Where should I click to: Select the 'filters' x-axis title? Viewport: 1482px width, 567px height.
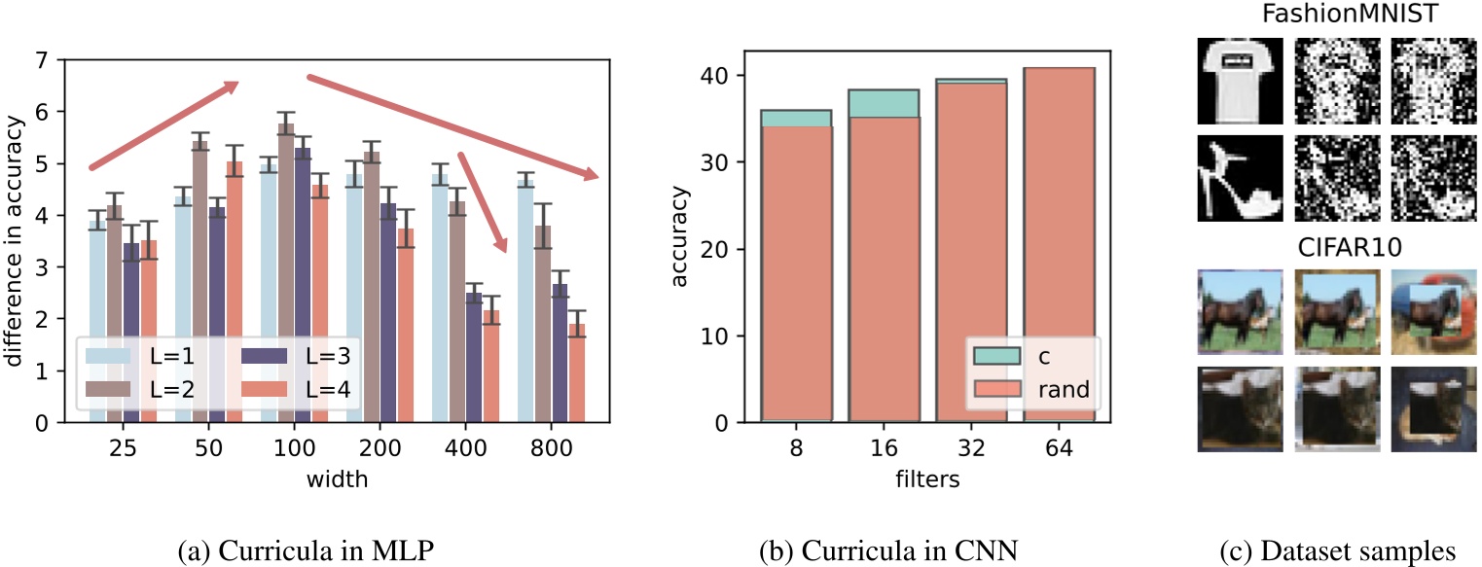[926, 478]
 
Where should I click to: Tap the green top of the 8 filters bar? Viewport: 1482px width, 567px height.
[795, 118]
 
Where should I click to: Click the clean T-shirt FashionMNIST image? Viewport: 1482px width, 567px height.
[1233, 82]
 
